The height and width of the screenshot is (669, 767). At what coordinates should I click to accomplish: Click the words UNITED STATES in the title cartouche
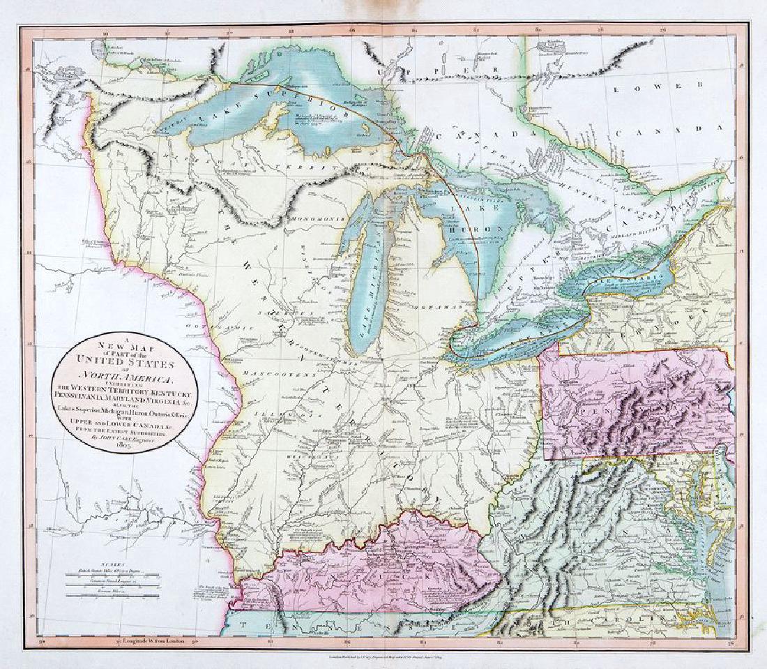134,364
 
